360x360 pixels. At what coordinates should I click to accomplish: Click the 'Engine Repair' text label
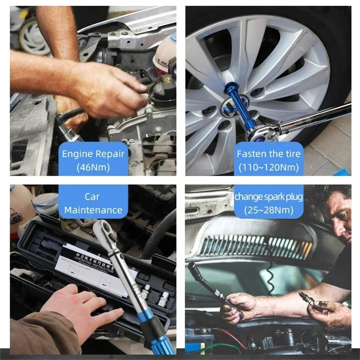[93, 154]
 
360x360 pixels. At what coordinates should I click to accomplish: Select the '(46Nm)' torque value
[93, 167]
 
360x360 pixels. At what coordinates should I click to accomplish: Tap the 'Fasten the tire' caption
[269, 154]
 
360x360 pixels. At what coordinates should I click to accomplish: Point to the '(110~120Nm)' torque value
[269, 167]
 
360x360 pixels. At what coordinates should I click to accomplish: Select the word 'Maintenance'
[93, 210]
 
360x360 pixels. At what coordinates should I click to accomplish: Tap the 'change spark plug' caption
[269, 197]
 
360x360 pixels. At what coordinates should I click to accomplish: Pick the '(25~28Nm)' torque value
[269, 210]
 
